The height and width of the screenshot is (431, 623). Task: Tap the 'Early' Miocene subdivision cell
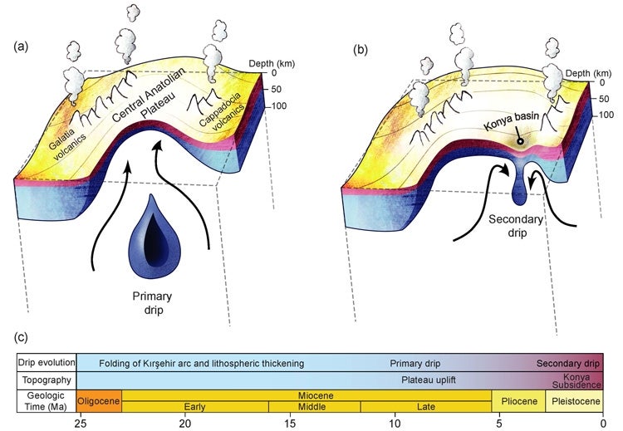[x=195, y=407]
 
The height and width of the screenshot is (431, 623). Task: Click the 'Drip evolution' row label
[x=47, y=364]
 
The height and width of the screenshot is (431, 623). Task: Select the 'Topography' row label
[x=47, y=380]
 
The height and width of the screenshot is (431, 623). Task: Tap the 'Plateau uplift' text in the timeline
[x=424, y=380]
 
